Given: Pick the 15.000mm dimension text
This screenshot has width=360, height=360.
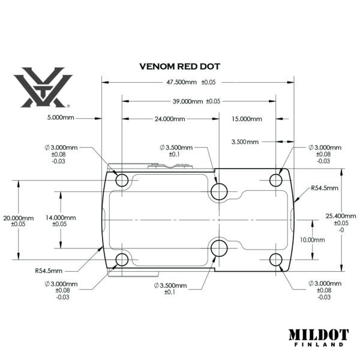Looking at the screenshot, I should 247,119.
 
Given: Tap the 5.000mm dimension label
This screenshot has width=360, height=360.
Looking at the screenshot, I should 60,118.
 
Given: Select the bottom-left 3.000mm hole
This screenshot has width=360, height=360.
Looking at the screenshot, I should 122,259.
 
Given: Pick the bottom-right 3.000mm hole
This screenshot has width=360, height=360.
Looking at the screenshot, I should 276,259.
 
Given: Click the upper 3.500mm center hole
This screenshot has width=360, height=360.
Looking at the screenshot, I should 218,191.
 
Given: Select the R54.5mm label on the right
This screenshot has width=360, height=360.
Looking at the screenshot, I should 325,188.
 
